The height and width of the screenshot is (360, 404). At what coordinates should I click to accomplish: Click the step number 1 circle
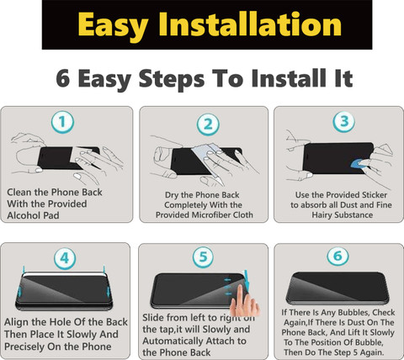(62, 122)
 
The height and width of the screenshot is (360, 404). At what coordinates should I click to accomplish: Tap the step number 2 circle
(208, 124)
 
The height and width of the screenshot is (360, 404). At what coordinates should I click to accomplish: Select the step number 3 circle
(343, 121)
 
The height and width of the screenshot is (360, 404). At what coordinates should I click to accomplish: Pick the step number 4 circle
(65, 258)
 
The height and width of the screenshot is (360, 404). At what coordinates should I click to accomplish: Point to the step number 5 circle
(203, 257)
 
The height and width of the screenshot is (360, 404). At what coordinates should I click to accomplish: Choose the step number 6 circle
(338, 256)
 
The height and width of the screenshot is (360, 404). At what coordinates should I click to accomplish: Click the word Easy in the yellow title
(113, 25)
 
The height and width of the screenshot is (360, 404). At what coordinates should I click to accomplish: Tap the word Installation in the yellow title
(250, 24)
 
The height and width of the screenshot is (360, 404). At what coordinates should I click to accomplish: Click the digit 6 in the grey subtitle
(63, 78)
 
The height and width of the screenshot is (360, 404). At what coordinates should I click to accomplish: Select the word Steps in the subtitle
(172, 79)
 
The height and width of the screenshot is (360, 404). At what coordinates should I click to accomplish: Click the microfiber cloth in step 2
(207, 159)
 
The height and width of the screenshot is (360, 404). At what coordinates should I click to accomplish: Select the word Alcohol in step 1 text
(24, 215)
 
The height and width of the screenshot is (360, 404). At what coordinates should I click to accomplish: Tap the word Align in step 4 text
(16, 322)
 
